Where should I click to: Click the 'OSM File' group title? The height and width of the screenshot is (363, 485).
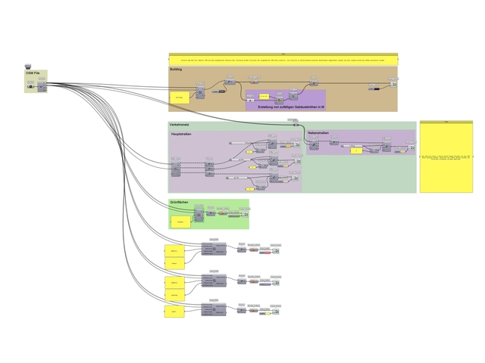[x=31, y=73]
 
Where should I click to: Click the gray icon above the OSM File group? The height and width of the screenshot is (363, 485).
[x=28, y=65]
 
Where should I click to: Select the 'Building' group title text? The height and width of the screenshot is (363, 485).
[x=176, y=69]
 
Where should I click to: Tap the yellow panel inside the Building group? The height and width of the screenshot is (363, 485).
[x=179, y=98]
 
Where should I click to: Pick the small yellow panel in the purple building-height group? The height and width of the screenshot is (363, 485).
[x=262, y=97]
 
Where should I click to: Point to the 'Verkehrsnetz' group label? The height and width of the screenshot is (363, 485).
[x=180, y=124]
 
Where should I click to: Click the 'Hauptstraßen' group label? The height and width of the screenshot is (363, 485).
[x=181, y=134]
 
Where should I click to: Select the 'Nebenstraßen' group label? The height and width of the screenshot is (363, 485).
[x=319, y=133]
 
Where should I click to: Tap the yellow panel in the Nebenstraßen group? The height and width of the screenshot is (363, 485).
[x=355, y=150]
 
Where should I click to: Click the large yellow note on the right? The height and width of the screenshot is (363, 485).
[x=446, y=157]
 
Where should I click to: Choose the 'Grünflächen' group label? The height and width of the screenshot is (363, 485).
[x=179, y=203]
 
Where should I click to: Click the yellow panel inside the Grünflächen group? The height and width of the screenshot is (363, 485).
[x=180, y=222]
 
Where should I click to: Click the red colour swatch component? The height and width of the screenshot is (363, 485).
[x=265, y=252]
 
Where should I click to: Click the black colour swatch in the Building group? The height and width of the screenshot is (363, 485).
[x=373, y=88]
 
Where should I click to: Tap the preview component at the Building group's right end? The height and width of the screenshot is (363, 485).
[x=393, y=84]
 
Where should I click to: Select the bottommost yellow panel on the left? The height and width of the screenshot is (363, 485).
[x=175, y=312]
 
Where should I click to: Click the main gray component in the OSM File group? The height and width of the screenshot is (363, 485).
[x=42, y=87]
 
